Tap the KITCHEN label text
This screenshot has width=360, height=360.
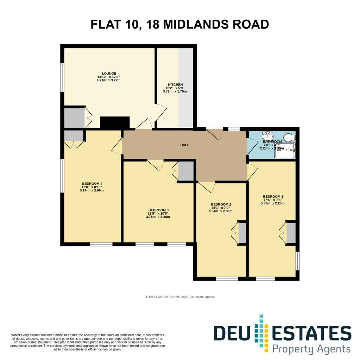tap(175, 85)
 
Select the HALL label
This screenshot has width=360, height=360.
tap(185, 145)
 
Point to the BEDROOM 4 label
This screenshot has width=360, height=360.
tap(92, 184)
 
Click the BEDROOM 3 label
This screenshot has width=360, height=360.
tap(158, 210)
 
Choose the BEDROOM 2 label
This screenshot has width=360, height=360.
tap(221, 204)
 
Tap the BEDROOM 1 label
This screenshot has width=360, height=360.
tap(273, 197)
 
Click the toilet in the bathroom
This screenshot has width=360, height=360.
tap(291, 136)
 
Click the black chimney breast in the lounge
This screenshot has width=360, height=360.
tap(115, 122)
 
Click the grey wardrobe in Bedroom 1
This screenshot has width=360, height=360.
tap(291, 233)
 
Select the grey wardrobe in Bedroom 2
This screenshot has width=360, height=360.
tap(242, 233)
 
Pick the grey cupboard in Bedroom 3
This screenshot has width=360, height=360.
tap(186, 171)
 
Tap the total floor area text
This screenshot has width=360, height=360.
tap(180, 297)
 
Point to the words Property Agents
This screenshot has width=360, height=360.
tap(312, 349)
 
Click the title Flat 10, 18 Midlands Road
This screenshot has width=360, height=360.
tap(180, 25)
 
